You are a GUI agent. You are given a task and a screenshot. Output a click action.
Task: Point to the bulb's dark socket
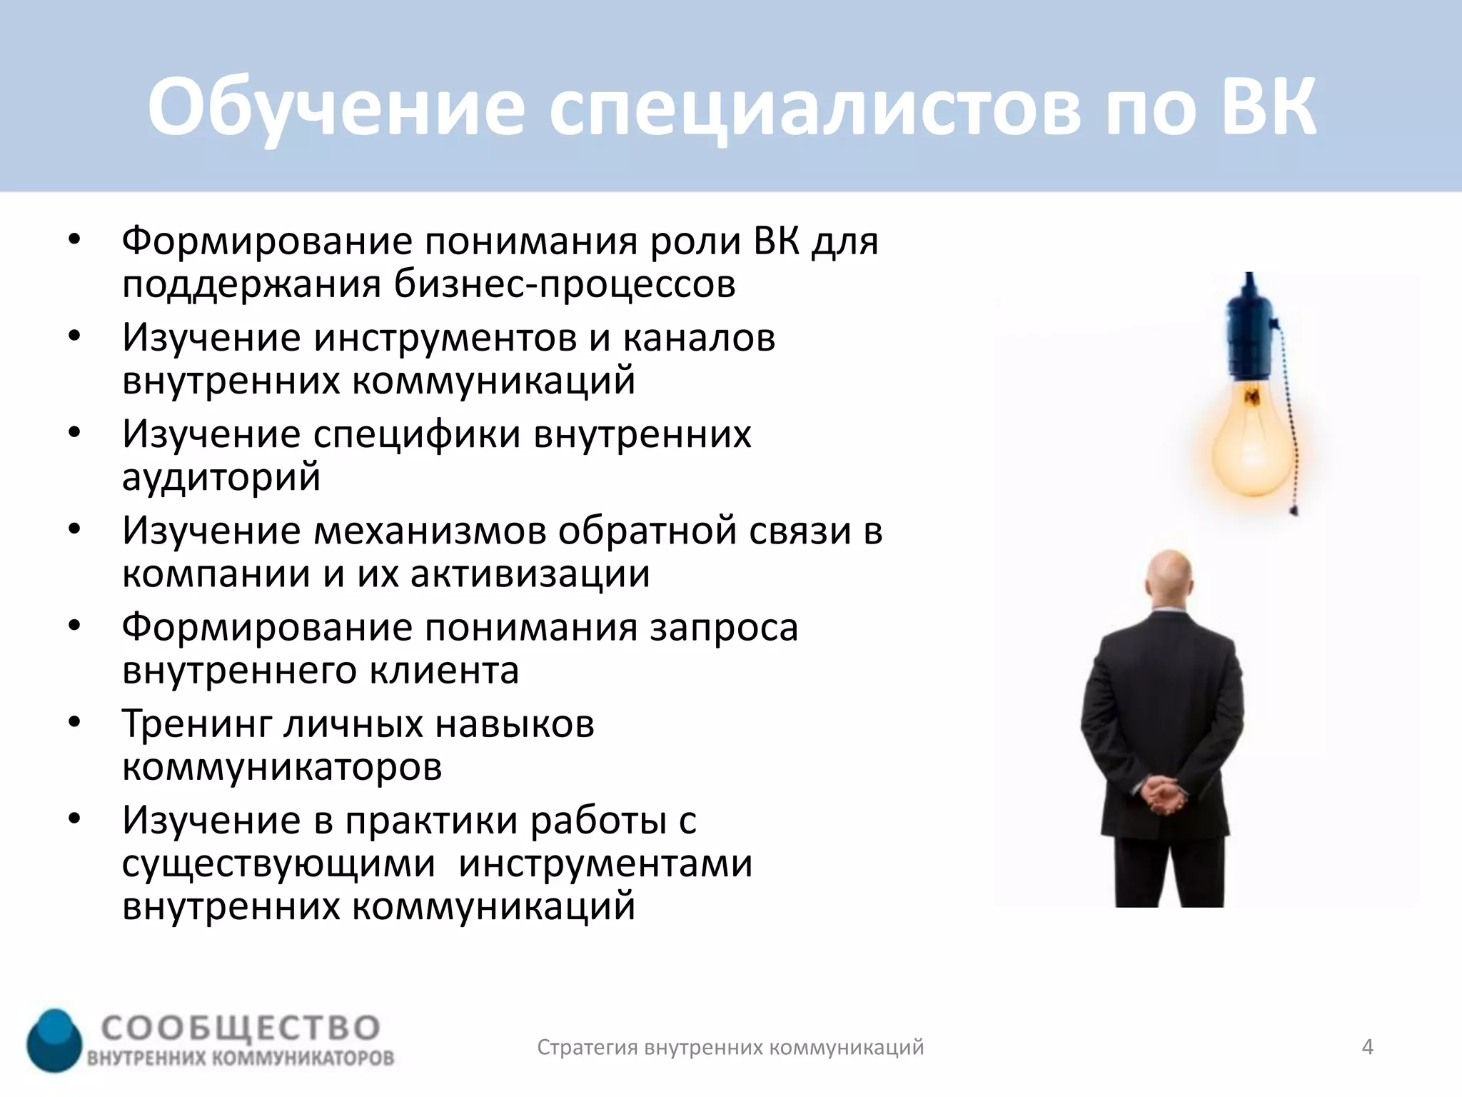tap(1249, 336)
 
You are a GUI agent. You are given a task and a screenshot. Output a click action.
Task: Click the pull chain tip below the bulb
tap(1294, 510)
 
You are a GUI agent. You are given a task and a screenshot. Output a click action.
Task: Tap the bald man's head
tap(1169, 577)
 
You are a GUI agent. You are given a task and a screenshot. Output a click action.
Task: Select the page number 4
tap(1367, 1047)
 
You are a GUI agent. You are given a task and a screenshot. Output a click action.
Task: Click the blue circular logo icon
tap(55, 1041)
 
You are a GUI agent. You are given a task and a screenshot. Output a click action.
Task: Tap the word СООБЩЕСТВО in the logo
tap(241, 1028)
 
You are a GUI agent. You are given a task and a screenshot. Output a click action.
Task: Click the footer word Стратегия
tap(587, 1047)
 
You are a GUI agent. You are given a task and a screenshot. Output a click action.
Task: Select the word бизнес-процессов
tap(565, 285)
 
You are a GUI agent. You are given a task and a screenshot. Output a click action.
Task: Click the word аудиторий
tap(221, 477)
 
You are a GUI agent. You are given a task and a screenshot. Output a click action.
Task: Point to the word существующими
tap(278, 863)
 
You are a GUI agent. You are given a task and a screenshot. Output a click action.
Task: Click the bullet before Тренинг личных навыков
tap(75, 722)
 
